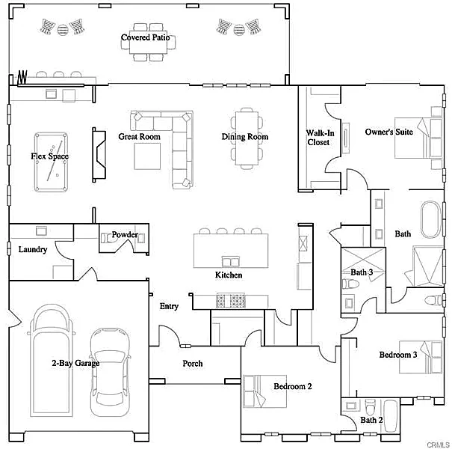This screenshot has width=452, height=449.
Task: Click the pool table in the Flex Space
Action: pyautogui.click(x=51, y=162)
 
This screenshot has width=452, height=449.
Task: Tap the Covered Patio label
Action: pyautogui.click(x=145, y=37)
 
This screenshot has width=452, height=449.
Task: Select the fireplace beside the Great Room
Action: pyautogui.click(x=99, y=155)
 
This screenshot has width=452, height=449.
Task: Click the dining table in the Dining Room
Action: pyautogui.click(x=247, y=138)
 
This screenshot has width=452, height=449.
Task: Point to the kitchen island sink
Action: pyautogui.click(x=231, y=261)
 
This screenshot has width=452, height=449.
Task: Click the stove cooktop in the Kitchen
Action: pyautogui.click(x=231, y=301)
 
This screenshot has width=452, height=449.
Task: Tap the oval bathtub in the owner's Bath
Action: pyautogui.click(x=431, y=219)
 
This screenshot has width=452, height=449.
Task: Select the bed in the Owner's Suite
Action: pyautogui.click(x=418, y=138)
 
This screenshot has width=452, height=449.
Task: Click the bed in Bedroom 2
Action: pyautogui.click(x=264, y=391)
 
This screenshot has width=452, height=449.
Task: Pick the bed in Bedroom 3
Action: pyautogui.click(x=421, y=357)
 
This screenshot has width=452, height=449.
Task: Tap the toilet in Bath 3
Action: pyautogui.click(x=350, y=284)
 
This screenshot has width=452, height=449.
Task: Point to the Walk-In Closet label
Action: pyautogui.click(x=320, y=138)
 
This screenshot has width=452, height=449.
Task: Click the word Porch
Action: pyautogui.click(x=193, y=364)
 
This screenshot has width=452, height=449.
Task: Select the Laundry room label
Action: pyautogui.click(x=33, y=249)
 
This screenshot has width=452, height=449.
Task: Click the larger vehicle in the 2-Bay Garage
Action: pyautogui.click(x=52, y=361)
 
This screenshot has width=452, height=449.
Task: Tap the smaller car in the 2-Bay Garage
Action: pyautogui.click(x=110, y=372)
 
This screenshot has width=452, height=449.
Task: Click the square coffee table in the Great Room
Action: pyautogui.click(x=147, y=156)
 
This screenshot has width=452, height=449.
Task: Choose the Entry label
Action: pyautogui.click(x=169, y=306)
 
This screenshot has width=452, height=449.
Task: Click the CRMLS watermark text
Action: pyautogui.click(x=438, y=445)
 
